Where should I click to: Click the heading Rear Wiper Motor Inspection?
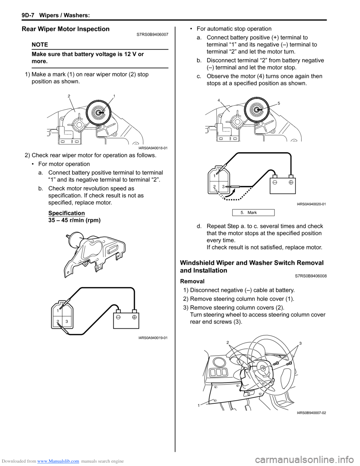click(66, 29)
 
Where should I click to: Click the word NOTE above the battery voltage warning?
click(40, 44)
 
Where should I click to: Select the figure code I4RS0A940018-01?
click(150, 148)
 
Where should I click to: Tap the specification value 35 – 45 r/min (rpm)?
click(74, 220)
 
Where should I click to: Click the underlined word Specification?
click(66, 213)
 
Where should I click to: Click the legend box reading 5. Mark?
click(252, 213)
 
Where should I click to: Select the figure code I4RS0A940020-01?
click(311, 204)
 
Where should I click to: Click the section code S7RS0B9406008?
click(310, 276)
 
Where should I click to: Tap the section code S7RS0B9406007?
click(152, 35)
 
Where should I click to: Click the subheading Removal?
click(192, 281)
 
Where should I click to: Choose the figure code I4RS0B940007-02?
click(311, 413)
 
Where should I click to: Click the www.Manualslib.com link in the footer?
click(58, 461)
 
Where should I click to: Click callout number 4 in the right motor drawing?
click(219, 100)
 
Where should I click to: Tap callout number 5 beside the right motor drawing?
click(279, 103)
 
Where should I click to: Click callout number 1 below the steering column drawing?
click(199, 405)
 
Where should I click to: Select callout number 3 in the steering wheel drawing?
click(300, 343)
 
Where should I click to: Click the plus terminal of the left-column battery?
click(134, 316)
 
